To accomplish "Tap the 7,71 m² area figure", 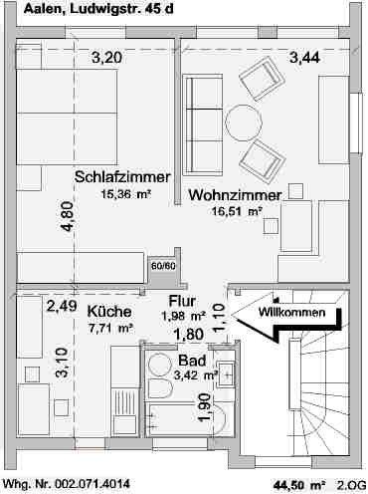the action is pyautogui.click(x=110, y=327).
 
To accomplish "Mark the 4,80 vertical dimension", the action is pyautogui.click(x=67, y=217).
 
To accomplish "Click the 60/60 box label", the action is pyautogui.click(x=162, y=266).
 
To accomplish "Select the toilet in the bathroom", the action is pyautogui.click(x=159, y=387).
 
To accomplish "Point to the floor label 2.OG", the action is pyautogui.click(x=350, y=485).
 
